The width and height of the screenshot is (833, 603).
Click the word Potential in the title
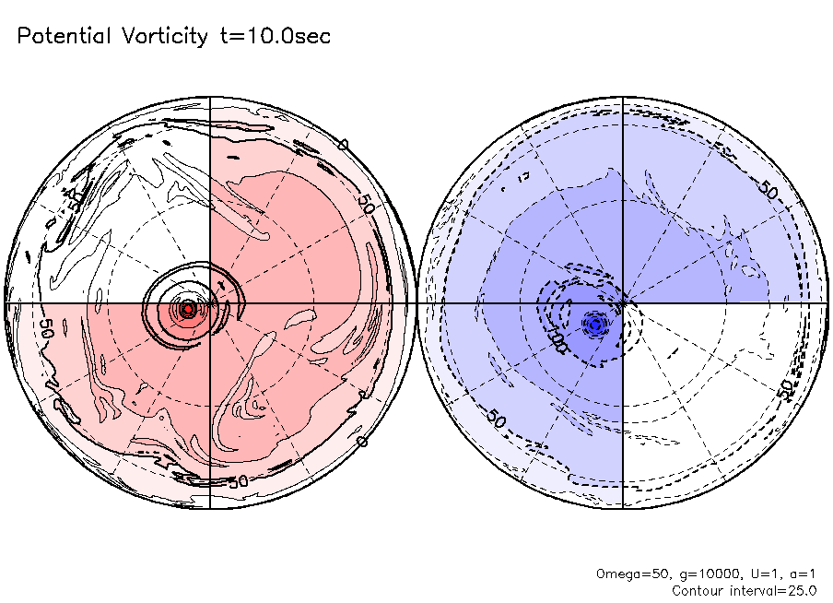tap(63, 37)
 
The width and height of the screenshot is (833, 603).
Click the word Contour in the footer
tap(697, 590)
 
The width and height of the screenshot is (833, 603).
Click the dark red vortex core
tap(188, 309)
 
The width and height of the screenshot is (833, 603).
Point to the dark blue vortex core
tap(595, 324)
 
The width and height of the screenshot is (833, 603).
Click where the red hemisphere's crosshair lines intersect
tap(210, 302)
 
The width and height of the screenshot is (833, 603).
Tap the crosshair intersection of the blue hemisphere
tap(624, 302)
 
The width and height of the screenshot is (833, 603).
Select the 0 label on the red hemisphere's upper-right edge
tap(343, 145)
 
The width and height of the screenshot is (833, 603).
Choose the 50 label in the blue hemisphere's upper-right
tap(767, 188)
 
